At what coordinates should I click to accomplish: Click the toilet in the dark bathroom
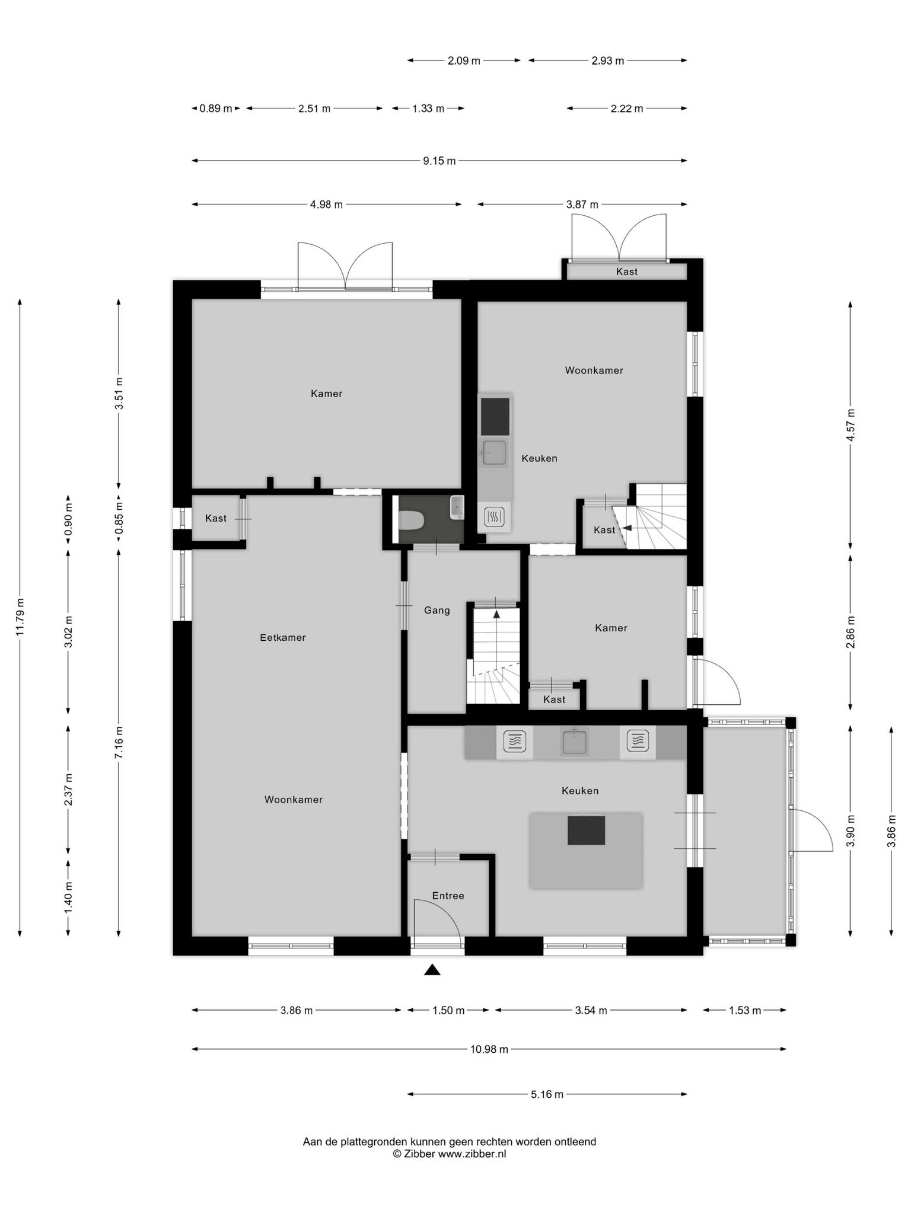pyautogui.click(x=411, y=521)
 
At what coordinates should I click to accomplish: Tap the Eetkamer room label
pyautogui.click(x=283, y=638)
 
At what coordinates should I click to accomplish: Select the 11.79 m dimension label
pyautogui.click(x=20, y=617)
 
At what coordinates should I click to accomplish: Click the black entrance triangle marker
pyautogui.click(x=432, y=970)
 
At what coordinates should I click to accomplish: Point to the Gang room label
pyautogui.click(x=437, y=611)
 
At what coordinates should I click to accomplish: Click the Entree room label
pyautogui.click(x=448, y=896)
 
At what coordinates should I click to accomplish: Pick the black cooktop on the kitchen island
pyautogui.click(x=586, y=830)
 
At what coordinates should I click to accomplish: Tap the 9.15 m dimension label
pyautogui.click(x=439, y=161)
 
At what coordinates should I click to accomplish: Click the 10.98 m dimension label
pyautogui.click(x=489, y=1049)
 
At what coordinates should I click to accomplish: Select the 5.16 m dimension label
pyautogui.click(x=547, y=1094)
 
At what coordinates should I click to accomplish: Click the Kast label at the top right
pyautogui.click(x=627, y=271)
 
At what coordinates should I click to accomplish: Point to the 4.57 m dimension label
pyautogui.click(x=851, y=424)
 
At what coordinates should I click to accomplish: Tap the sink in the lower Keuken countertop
pyautogui.click(x=575, y=742)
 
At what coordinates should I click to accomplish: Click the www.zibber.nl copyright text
pyautogui.click(x=472, y=1154)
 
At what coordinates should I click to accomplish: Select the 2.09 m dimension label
pyautogui.click(x=464, y=60)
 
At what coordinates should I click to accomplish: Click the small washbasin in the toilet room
pyautogui.click(x=457, y=507)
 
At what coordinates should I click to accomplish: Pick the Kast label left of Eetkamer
pyautogui.click(x=216, y=518)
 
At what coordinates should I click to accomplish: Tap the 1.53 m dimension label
pyautogui.click(x=745, y=1011)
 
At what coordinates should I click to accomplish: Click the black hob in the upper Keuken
pyautogui.click(x=495, y=416)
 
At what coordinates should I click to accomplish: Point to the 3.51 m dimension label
pyautogui.click(x=119, y=393)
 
